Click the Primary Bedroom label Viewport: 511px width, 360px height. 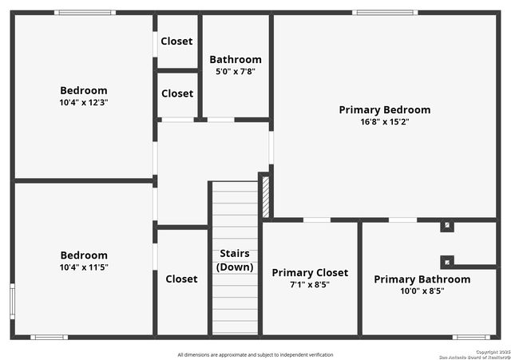tap(384, 110)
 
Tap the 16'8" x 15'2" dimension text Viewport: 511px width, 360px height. tap(384, 122)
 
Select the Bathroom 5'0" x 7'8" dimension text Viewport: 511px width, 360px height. tap(235, 72)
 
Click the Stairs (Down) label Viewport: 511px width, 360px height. tap(235, 260)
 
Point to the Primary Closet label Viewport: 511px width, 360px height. tap(310, 273)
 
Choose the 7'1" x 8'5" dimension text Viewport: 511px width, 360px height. tap(310, 284)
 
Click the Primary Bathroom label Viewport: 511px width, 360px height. tap(422, 279)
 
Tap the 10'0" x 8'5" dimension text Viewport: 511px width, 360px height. tap(422, 291)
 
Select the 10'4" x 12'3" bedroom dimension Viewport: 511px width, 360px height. tap(84, 102)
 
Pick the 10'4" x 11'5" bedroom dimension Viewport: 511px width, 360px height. tap(84, 267)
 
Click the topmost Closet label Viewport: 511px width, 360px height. tap(176, 42)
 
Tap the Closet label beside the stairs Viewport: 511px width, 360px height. tap(181, 279)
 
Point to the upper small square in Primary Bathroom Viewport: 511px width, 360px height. tap(447, 226)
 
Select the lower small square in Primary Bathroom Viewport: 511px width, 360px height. tap(447, 261)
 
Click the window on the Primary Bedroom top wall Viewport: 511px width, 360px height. tap(384, 13)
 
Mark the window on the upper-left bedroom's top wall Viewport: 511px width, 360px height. tap(85, 13)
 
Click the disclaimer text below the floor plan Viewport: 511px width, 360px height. tap(255, 354)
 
